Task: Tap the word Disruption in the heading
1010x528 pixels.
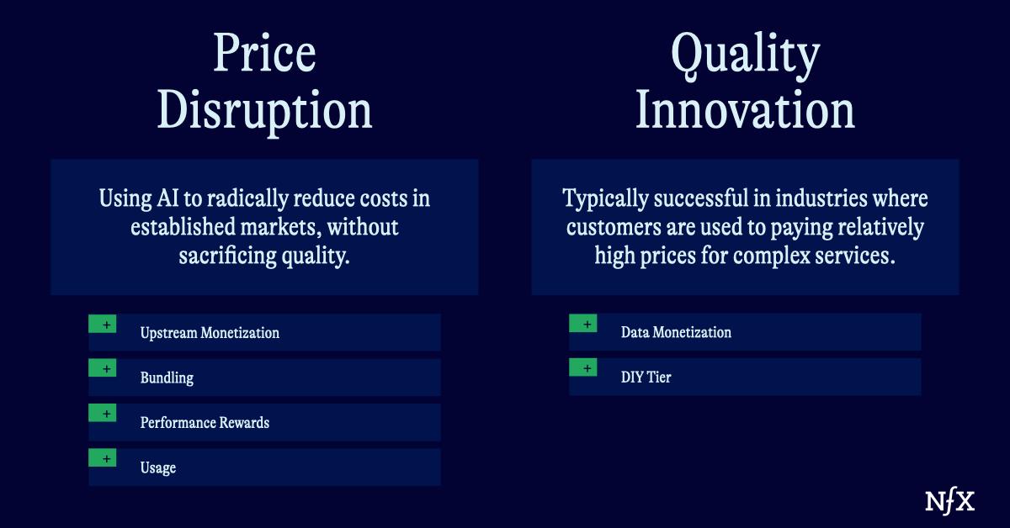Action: point(264,110)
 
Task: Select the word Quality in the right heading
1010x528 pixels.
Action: point(745,55)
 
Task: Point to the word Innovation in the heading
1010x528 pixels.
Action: point(745,110)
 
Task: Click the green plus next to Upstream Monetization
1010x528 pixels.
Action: point(103,324)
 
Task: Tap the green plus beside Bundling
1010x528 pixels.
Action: point(103,368)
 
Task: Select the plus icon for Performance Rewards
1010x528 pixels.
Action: point(103,413)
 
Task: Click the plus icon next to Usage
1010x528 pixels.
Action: point(103,458)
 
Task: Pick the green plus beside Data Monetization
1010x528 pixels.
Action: point(583,323)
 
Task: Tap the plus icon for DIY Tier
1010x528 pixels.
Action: point(583,367)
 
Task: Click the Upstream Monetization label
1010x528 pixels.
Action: point(210,333)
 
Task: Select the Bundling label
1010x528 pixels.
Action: point(167,378)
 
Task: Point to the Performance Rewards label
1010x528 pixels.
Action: point(205,422)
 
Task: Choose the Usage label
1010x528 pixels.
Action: point(158,467)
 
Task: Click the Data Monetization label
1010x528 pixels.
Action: point(676,332)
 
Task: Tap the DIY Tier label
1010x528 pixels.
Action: point(646,378)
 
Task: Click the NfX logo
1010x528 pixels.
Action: point(949,501)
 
